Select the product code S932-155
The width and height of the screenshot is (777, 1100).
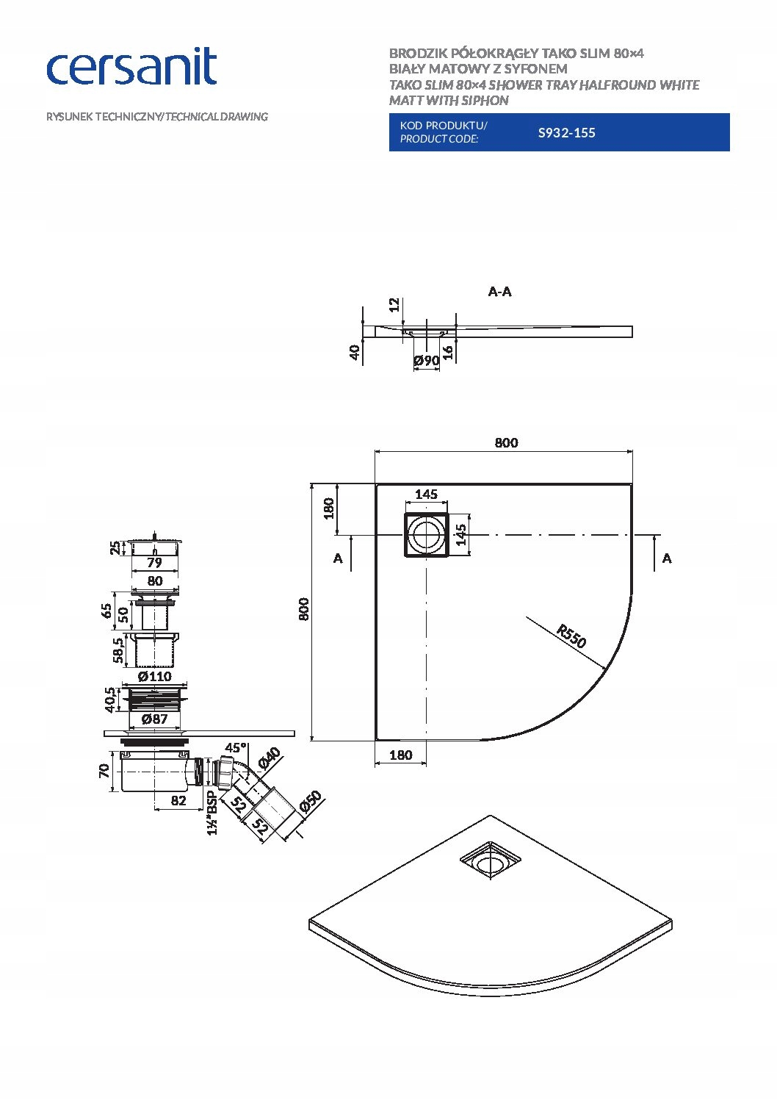566,132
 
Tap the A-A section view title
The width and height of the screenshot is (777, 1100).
499,292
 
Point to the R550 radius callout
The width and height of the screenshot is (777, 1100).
571,636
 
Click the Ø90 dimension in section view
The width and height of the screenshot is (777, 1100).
427,361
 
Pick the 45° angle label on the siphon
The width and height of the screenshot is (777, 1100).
236,747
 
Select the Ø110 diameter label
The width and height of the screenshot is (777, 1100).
155,676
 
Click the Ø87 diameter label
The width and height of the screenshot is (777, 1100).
155,719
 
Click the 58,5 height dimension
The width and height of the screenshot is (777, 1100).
118,650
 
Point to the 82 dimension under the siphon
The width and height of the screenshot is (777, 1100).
178,801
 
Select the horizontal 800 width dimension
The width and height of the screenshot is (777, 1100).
506,443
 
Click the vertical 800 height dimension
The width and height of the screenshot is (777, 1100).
304,609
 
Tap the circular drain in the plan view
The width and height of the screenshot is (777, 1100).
427,534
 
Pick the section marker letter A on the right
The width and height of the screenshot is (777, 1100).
667,558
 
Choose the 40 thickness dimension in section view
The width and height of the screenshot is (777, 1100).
355,352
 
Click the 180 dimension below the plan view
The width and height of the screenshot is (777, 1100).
400,755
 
